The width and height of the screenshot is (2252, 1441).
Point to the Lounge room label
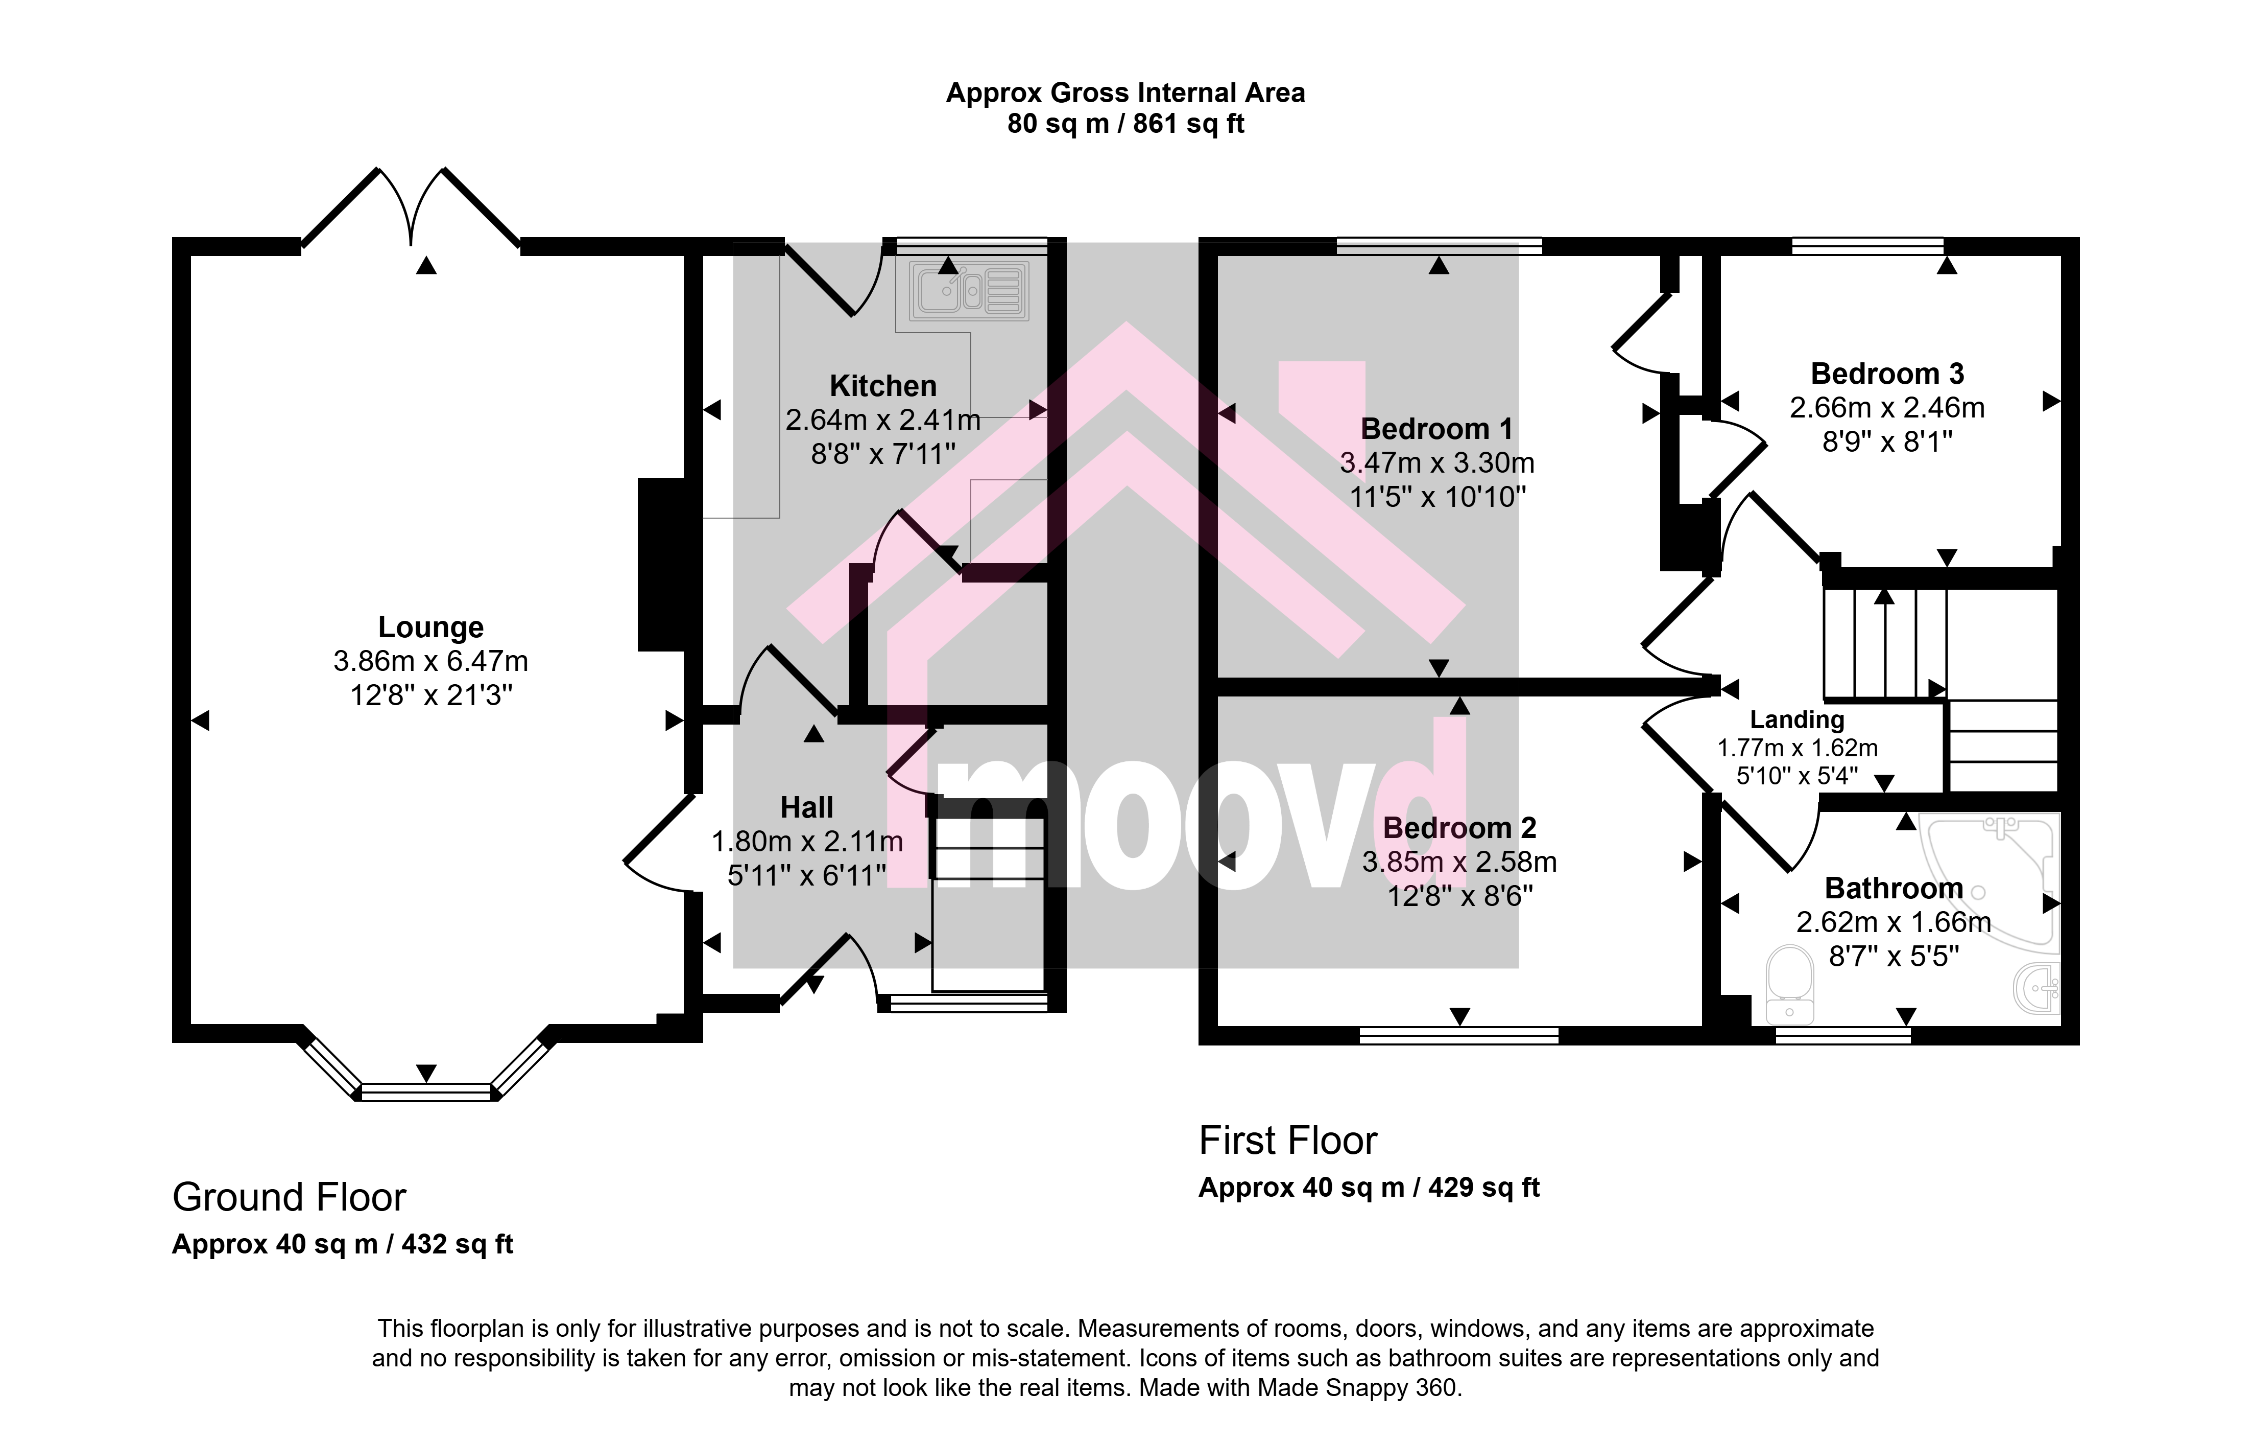tap(431, 627)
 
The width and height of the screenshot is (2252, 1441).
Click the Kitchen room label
tap(883, 385)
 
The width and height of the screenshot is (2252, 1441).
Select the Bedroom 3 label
tap(1887, 374)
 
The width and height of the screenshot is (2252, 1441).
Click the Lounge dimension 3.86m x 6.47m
tap(431, 662)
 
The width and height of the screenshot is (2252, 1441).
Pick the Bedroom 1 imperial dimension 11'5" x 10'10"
tap(1438, 497)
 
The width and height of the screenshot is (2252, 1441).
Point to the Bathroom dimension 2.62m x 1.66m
tap(1894, 923)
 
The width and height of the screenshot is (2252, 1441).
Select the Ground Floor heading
tap(289, 1198)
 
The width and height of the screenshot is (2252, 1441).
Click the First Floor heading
tap(1288, 1141)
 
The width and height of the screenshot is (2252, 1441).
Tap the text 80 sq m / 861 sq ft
tap(1126, 124)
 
